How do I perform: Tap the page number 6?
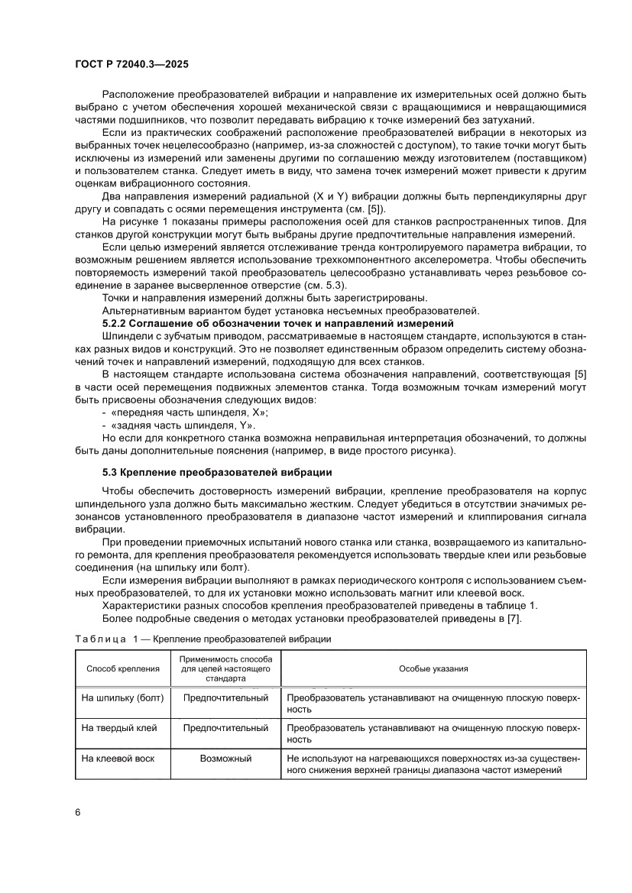pos(78,811)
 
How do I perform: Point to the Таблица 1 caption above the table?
pos(203,638)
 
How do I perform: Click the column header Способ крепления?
pos(123,668)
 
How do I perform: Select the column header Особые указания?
pos(433,668)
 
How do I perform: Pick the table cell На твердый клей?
pos(119,728)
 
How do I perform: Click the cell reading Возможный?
pos(225,759)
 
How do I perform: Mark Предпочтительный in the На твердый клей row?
pos(225,728)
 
